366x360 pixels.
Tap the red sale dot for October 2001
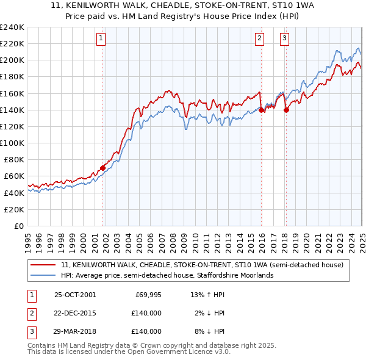102,168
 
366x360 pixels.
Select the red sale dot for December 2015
261,110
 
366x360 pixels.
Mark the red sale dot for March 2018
286,110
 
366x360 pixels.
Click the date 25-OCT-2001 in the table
75,294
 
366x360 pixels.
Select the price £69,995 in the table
147,294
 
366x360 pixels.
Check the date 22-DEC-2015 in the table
75,313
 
